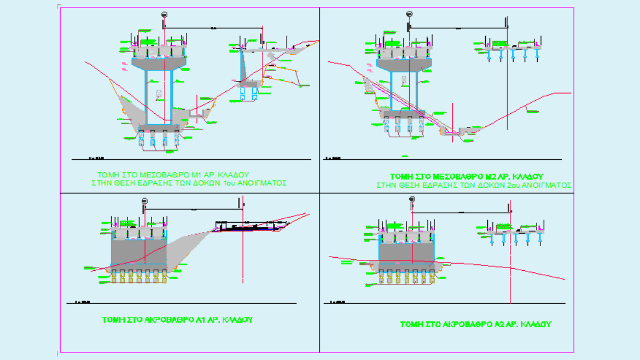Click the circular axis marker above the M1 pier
click(164, 15)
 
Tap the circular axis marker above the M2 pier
click(409, 15)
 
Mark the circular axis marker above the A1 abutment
click(144, 200)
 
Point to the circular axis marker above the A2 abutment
click(412, 200)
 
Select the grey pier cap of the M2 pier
click(404, 64)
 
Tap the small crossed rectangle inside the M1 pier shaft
click(159, 94)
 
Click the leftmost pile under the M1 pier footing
click(141, 141)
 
